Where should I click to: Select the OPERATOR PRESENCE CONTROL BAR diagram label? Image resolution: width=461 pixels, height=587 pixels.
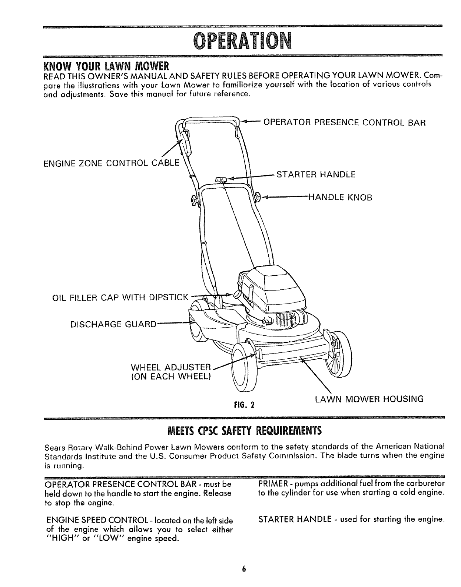[344, 123]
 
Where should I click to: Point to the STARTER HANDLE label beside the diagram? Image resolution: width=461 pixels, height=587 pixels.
[316, 174]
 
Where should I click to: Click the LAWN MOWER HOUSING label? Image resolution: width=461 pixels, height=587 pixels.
[369, 399]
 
